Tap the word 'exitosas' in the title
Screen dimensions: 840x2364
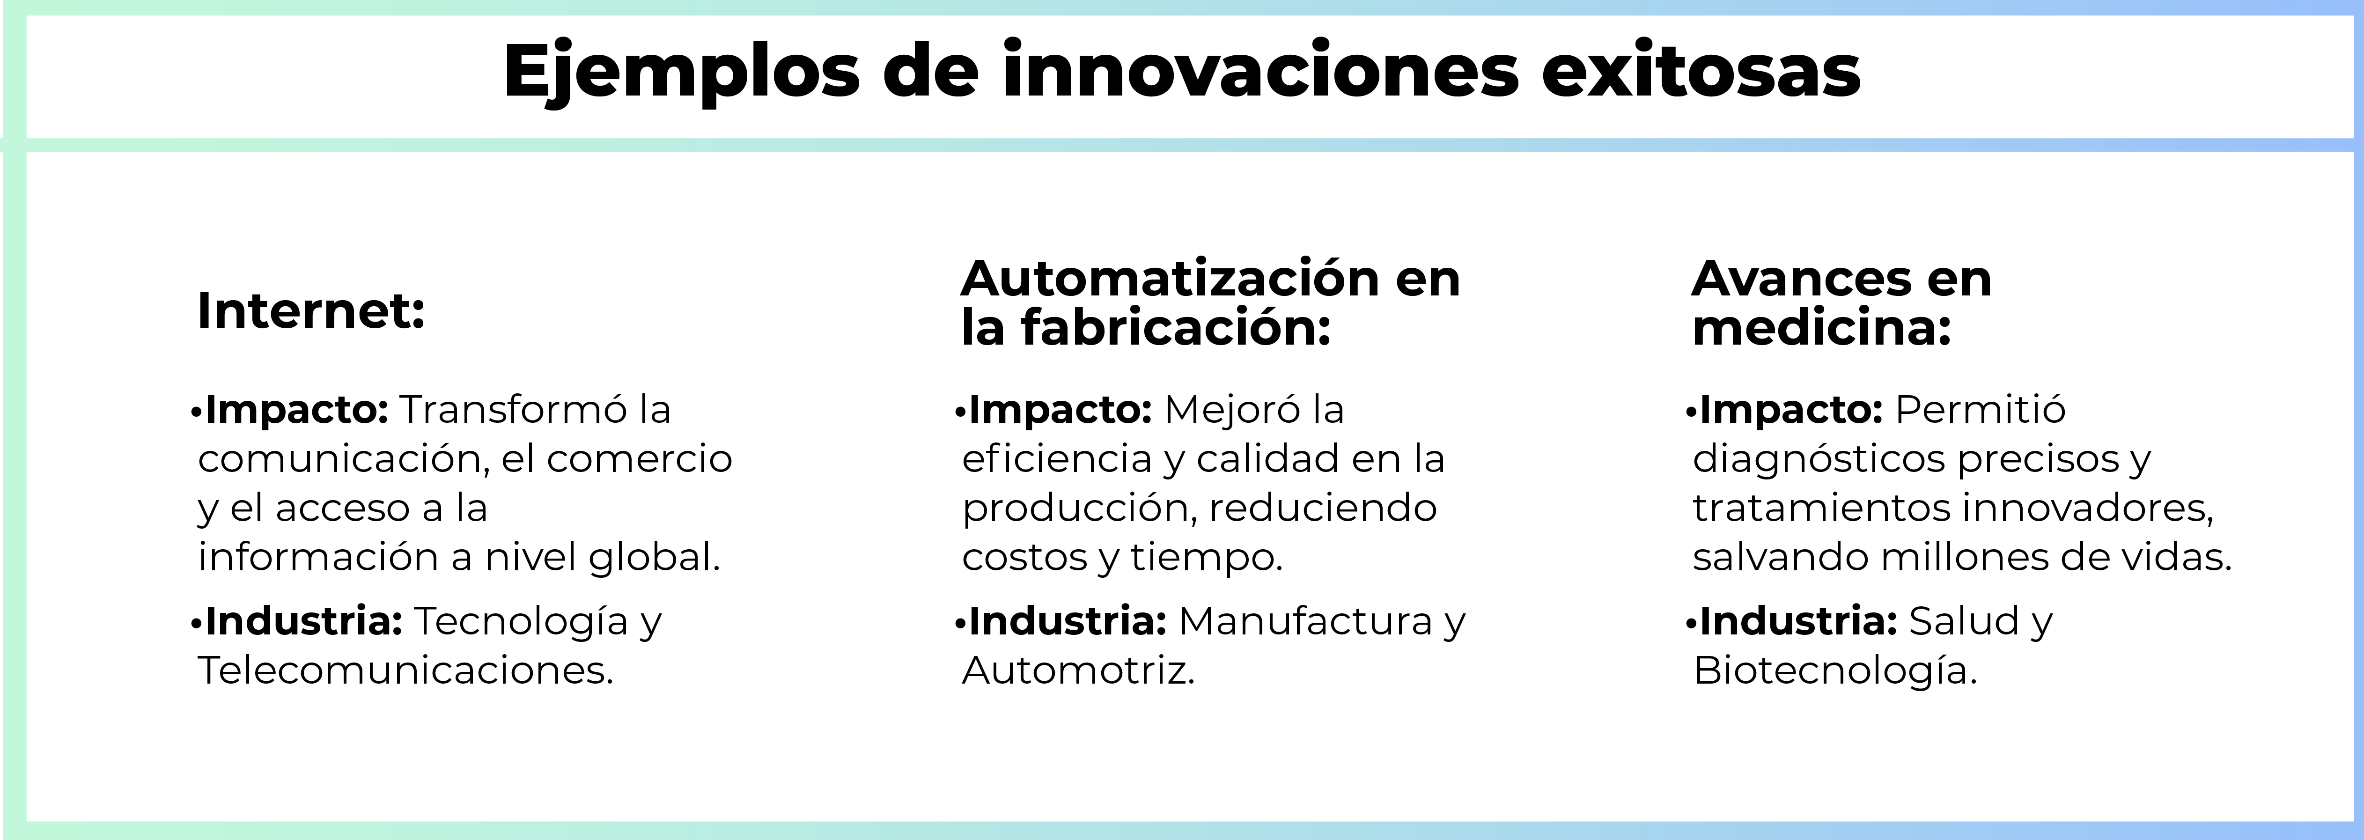point(1701,72)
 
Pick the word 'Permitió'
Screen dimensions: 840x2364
point(1980,409)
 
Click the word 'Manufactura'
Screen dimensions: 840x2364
point(1305,621)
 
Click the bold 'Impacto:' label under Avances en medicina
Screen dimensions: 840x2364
point(1790,409)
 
